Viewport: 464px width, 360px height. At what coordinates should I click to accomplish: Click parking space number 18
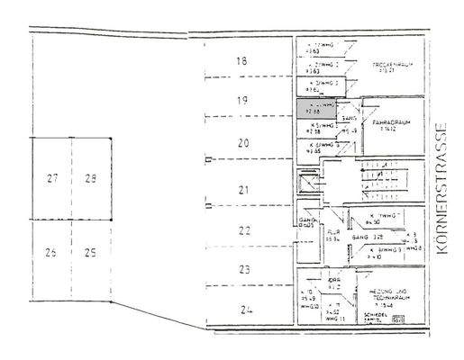[x=241, y=62]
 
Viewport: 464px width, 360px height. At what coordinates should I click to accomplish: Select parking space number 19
[x=241, y=102]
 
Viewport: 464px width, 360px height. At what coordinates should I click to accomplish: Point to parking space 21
[x=241, y=190]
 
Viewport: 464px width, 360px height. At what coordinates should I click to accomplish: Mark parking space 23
[x=242, y=269]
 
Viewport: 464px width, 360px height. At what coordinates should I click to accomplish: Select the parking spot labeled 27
[x=51, y=178]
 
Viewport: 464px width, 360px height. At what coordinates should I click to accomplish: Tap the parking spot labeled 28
[x=90, y=178]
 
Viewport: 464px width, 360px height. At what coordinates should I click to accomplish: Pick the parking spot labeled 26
[x=51, y=252]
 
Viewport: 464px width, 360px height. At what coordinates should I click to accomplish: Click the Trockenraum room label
[x=391, y=67]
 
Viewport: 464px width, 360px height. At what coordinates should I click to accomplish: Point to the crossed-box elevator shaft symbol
[x=309, y=183]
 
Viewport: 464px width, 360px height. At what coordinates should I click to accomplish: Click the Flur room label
[x=332, y=236]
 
